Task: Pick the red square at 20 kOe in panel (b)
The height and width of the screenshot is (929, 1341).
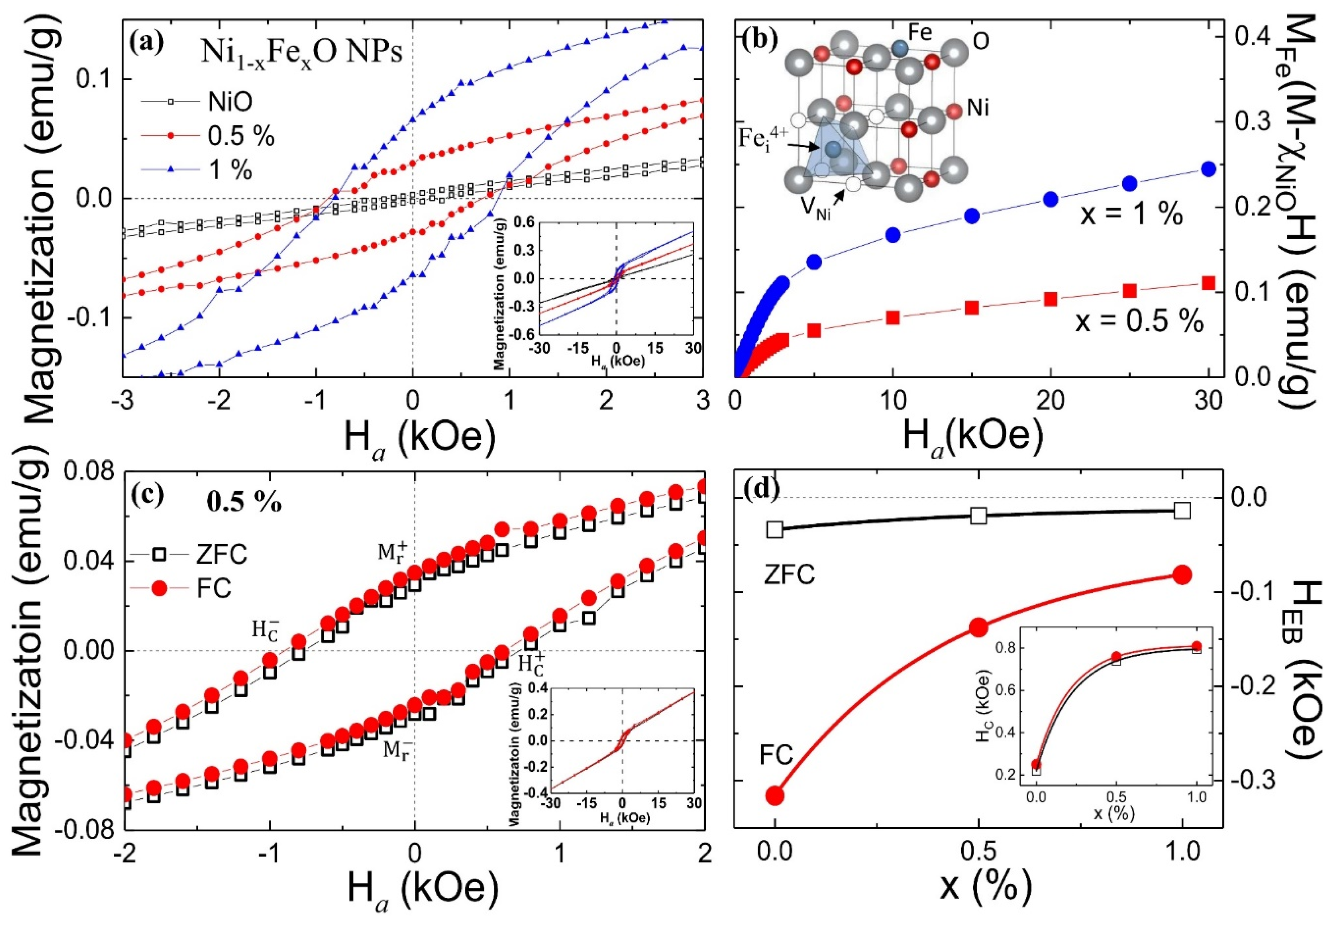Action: coord(1051,299)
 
